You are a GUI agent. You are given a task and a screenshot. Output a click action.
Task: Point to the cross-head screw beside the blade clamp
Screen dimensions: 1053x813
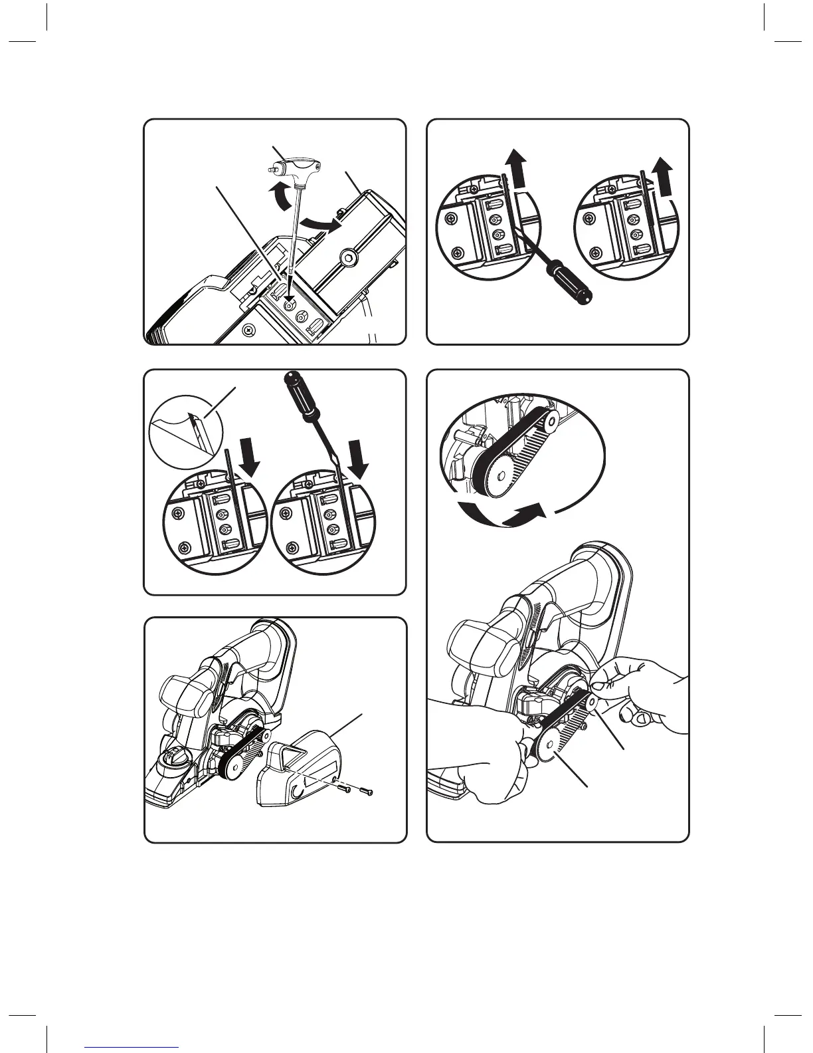(249, 329)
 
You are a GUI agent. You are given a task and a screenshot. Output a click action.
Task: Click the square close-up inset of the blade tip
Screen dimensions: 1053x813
(179, 432)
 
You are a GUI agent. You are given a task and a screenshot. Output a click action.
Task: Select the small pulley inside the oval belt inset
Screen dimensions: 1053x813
(551, 421)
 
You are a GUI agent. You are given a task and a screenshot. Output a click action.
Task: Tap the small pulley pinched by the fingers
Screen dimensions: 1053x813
(590, 702)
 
